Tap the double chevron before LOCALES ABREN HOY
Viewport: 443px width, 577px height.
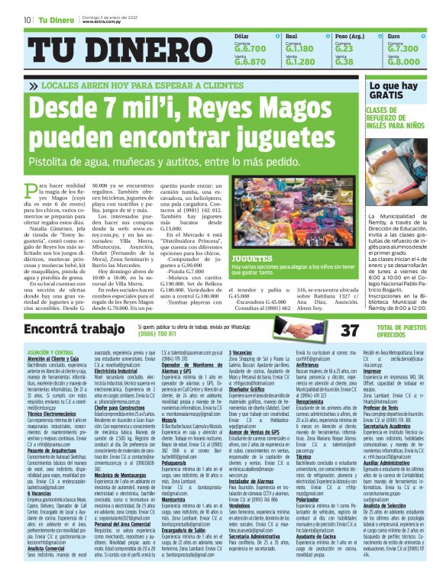pyautogui.click(x=43, y=86)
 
